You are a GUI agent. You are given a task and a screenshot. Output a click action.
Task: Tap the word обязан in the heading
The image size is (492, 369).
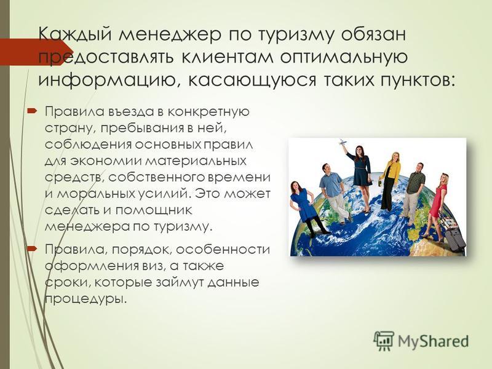pyautogui.click(x=374, y=34)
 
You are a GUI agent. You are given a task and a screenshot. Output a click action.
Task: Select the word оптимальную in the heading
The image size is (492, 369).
pyautogui.click(x=344, y=58)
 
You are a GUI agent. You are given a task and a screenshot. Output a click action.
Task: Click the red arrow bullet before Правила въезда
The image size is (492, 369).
pyautogui.click(x=33, y=111)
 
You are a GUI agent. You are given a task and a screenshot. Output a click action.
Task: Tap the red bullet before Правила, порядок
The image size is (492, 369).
pyautogui.click(x=33, y=249)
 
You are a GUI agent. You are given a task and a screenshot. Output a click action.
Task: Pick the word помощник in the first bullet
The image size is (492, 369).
pyautogui.click(x=153, y=210)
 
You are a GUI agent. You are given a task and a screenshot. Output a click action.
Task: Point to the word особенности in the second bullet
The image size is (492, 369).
pyautogui.click(x=223, y=250)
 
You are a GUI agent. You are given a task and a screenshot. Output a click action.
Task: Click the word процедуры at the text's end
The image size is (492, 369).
pyautogui.click(x=86, y=299)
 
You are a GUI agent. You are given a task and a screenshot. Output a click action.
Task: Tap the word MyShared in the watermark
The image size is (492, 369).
pyautogui.click(x=434, y=341)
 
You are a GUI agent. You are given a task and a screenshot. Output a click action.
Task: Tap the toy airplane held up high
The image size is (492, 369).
pyautogui.click(x=343, y=143)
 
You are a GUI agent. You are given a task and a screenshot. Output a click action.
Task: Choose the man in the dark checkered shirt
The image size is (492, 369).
pyautogui.click(x=413, y=194)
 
